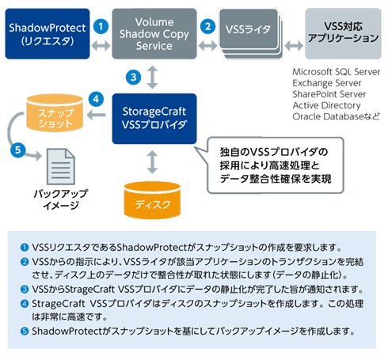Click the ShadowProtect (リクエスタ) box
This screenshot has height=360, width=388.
point(48,34)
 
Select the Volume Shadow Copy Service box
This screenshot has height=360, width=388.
point(154,34)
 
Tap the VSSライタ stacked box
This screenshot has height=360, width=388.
point(251,34)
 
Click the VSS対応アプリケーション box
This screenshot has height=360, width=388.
point(343,33)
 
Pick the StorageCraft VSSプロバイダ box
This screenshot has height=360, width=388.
point(154,119)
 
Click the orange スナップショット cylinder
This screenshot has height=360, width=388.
point(55,113)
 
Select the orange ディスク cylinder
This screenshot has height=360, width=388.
point(152,200)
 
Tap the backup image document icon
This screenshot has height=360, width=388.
point(61,166)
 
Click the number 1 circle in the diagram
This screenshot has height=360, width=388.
point(101,26)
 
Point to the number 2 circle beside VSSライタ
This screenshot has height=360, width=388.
point(207,26)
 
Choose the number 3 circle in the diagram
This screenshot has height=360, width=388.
point(133,78)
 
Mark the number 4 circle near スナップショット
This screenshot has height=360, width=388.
point(96,99)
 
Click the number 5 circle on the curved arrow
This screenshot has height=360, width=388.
point(18,150)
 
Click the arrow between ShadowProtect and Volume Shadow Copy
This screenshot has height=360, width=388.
point(101,46)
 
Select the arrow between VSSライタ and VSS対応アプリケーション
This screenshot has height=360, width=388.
point(294,46)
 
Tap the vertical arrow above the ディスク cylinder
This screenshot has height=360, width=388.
point(152,161)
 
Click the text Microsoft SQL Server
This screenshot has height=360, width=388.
point(337,72)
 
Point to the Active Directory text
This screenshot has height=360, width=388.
point(326,105)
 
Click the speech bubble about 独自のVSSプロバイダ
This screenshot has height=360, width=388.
point(275,165)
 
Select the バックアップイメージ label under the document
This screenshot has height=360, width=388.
point(61,199)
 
